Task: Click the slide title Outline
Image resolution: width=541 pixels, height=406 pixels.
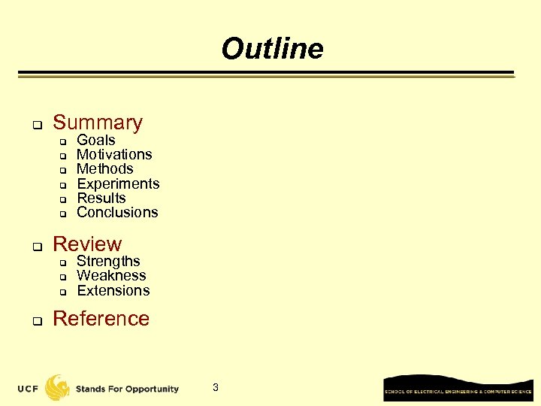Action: (272, 49)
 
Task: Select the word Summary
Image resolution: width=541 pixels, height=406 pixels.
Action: (98, 123)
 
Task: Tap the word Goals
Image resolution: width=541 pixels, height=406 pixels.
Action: (96, 141)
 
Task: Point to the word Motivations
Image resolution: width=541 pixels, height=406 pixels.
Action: (114, 155)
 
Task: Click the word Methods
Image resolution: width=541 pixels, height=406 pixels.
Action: (104, 169)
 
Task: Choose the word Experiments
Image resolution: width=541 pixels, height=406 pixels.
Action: (118, 183)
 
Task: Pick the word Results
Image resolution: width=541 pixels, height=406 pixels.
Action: (101, 198)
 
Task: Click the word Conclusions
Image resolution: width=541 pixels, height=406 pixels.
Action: (117, 212)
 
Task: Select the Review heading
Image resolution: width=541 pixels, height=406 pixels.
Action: (87, 244)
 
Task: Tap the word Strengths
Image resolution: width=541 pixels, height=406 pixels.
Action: (108, 261)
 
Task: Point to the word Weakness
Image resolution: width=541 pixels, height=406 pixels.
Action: (111, 276)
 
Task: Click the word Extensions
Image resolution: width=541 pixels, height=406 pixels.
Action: (113, 290)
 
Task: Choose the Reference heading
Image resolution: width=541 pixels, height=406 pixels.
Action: (101, 319)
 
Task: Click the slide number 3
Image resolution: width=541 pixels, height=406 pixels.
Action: (216, 387)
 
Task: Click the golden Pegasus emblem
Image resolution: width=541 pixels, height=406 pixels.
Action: (57, 387)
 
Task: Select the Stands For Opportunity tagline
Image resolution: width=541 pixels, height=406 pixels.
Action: (127, 389)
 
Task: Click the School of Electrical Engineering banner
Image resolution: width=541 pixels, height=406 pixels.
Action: (458, 389)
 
